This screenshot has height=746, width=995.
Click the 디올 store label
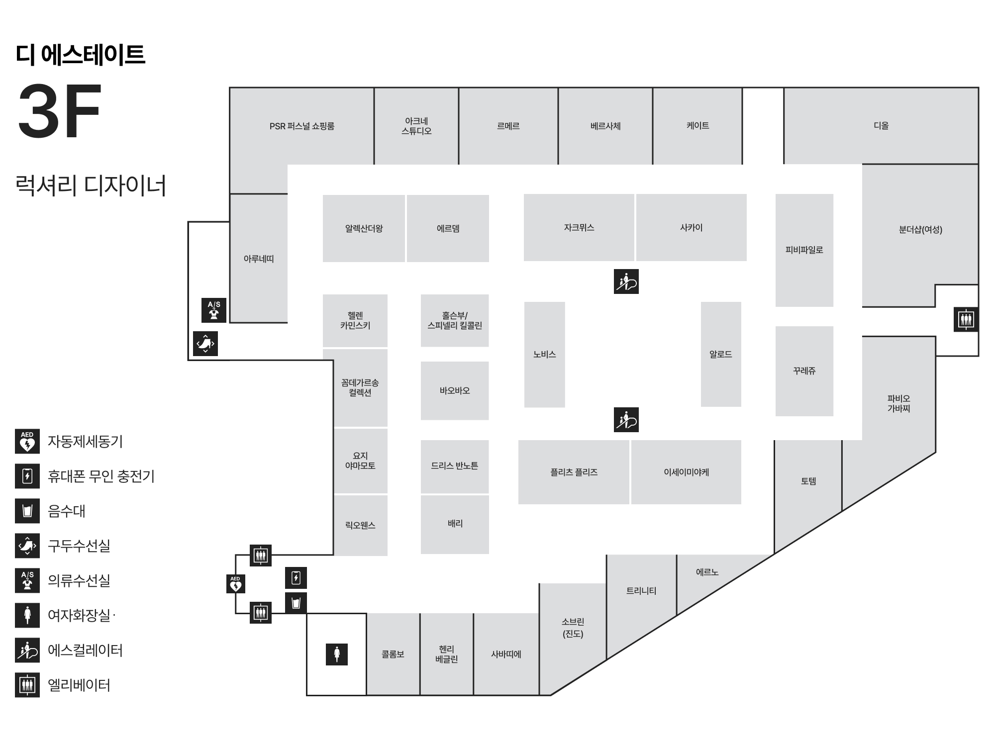881,126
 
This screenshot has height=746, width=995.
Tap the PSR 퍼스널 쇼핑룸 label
301,126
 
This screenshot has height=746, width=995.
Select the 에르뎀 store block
448,228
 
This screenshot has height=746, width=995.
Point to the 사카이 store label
691,228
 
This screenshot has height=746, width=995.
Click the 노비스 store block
544,355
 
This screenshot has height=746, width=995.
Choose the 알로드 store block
720,354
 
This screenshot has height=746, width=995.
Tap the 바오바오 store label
454,391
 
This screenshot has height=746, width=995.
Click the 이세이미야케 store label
686,472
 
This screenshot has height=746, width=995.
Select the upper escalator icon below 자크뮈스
626,281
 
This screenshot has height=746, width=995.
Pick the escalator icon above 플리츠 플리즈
626,420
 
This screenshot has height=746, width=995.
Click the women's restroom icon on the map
337,654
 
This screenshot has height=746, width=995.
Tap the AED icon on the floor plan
235,584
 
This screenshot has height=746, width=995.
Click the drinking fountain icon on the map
296,603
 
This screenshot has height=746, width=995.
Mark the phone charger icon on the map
296,578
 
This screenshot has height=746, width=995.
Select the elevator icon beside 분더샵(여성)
966,319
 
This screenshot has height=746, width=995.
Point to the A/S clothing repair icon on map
214,310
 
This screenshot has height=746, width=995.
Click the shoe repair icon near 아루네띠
205,344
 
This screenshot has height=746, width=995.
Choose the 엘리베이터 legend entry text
79,685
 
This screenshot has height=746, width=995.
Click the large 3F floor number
60,111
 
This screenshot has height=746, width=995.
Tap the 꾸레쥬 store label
804,371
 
